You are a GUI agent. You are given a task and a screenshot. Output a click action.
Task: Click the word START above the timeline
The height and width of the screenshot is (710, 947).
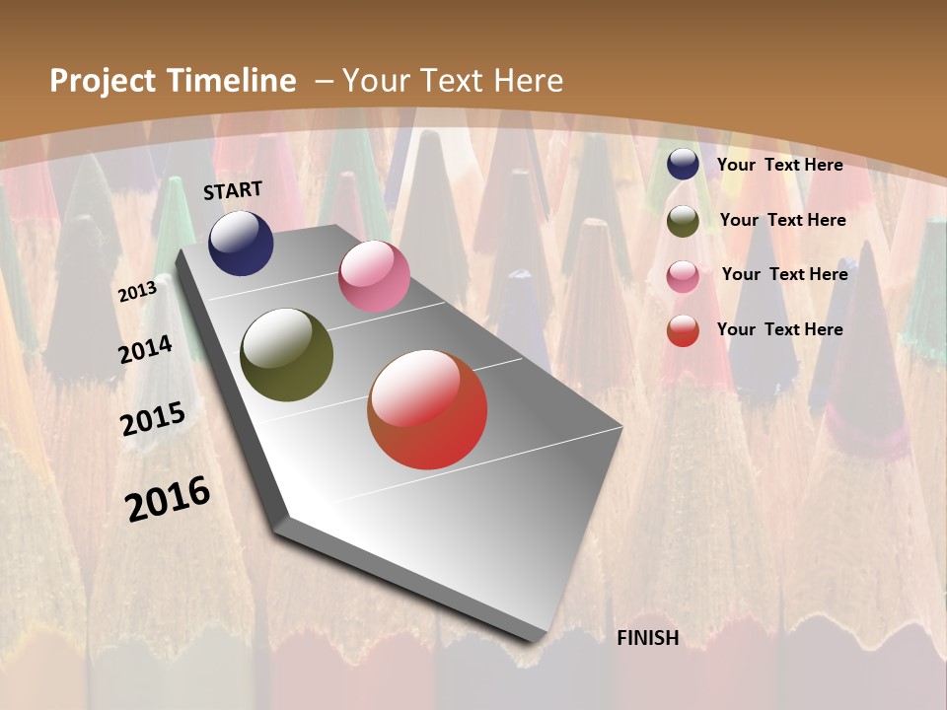click(233, 190)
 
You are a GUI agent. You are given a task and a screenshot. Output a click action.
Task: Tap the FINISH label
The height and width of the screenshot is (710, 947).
click(648, 638)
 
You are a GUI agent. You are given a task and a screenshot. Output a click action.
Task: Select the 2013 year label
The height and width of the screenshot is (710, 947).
click(137, 292)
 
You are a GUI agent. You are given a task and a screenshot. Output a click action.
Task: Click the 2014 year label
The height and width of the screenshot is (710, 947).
click(145, 350)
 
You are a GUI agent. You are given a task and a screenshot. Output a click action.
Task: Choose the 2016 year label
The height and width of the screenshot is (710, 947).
click(168, 499)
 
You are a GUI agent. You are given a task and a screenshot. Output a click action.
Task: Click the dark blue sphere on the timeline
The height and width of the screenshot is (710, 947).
click(241, 244)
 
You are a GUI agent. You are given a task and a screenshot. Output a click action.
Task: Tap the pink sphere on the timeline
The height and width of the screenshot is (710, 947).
click(374, 276)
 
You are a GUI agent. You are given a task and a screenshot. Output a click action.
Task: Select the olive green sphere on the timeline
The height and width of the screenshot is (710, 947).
click(287, 355)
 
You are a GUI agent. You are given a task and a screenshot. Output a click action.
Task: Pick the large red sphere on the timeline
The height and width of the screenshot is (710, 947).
click(427, 409)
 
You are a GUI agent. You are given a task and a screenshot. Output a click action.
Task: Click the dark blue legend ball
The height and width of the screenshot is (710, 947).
click(683, 165)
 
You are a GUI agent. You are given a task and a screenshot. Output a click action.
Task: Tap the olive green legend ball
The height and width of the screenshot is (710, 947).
click(683, 221)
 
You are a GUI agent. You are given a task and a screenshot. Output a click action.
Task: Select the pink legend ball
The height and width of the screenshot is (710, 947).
click(683, 276)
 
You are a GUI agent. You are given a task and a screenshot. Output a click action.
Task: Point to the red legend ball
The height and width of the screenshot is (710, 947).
click(683, 330)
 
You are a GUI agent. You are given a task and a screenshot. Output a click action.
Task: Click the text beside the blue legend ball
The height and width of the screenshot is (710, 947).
click(779, 165)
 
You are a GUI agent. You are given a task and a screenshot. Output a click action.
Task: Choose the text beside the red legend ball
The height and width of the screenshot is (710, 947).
click(779, 329)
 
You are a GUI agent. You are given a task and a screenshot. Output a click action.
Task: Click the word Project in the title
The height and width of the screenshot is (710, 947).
click(104, 81)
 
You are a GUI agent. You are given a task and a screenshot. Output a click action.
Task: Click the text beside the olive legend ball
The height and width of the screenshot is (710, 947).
click(782, 220)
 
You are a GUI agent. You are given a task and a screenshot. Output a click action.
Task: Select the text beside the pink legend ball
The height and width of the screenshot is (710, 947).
click(784, 274)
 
